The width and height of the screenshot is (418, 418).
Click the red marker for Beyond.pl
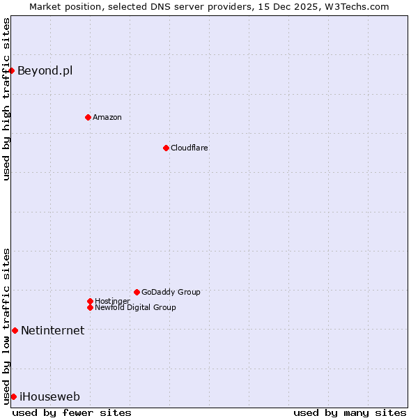pyautogui.click(x=12, y=70)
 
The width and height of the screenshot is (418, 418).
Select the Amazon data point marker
pyautogui.click(x=88, y=117)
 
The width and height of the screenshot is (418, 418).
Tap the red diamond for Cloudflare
pyautogui.click(x=166, y=148)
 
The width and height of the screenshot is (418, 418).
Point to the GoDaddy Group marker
pyautogui.click(x=137, y=292)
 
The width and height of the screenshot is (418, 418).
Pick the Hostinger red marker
pyautogui.click(x=90, y=301)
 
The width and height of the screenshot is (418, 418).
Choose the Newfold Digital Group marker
pyautogui.click(x=90, y=307)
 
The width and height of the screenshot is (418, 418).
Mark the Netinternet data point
pyautogui.click(x=15, y=330)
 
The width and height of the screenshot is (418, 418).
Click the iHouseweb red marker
pyautogui.click(x=13, y=396)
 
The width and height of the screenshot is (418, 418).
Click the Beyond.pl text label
pyautogui.click(x=45, y=70)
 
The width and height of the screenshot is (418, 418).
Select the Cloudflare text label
pyautogui.click(x=189, y=148)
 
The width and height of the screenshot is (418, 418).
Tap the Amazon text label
pyautogui.click(x=107, y=117)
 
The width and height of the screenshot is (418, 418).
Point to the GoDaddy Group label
pyautogui.click(x=171, y=292)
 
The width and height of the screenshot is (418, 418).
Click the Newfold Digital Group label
pyautogui.click(x=135, y=307)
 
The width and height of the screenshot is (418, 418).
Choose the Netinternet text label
pyautogui.click(x=52, y=330)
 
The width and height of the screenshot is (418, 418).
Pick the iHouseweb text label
pyautogui.click(x=49, y=396)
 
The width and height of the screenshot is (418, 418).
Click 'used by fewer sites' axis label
pyautogui.click(x=72, y=412)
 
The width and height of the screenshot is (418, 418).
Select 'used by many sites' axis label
pyautogui.click(x=350, y=412)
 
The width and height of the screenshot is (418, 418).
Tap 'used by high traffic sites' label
pyautogui.click(x=6, y=99)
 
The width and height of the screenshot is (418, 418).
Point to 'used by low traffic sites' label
pyautogui.click(x=6, y=326)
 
